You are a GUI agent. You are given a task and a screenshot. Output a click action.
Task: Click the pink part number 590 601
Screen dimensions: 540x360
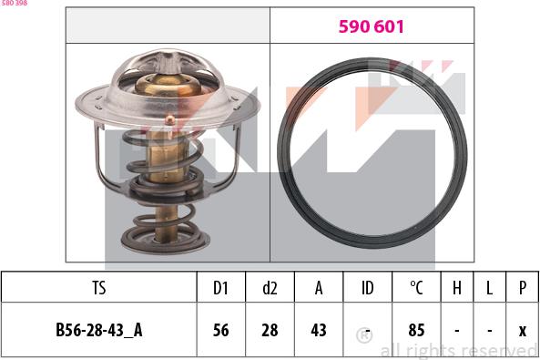[x=371, y=26]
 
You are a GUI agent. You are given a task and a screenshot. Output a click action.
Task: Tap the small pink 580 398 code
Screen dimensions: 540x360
[x=14, y=3]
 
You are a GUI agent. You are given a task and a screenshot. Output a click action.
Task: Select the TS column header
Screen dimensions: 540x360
[x=99, y=287]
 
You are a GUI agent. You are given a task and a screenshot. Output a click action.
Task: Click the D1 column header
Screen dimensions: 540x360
[x=220, y=287]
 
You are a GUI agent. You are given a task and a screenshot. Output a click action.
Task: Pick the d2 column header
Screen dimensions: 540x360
[x=270, y=287]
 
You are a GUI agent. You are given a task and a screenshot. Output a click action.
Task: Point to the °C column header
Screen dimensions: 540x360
[x=416, y=287]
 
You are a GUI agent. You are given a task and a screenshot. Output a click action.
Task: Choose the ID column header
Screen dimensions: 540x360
[x=368, y=287]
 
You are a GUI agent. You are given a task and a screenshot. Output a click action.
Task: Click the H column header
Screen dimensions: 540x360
[x=456, y=287]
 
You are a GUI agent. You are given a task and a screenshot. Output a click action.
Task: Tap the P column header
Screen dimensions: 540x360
[x=523, y=287]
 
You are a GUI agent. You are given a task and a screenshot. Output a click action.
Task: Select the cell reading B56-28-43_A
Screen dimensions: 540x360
[x=99, y=330]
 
